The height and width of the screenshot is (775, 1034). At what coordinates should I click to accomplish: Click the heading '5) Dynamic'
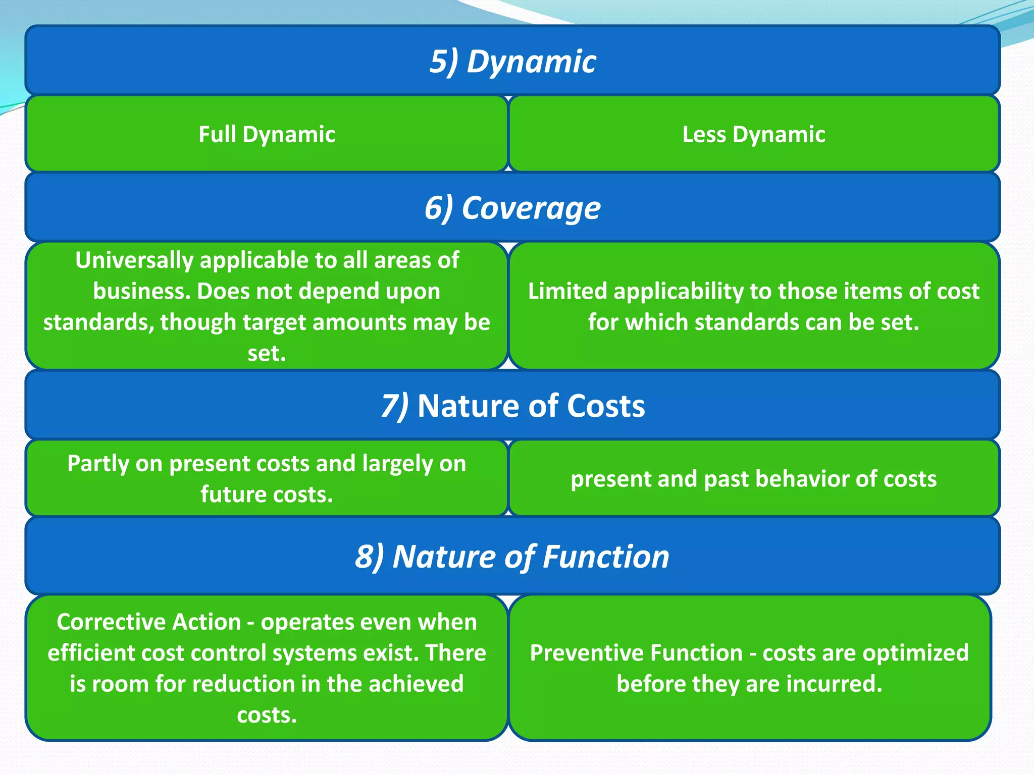[x=512, y=62]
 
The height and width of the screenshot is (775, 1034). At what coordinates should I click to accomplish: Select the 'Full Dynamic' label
[x=267, y=135]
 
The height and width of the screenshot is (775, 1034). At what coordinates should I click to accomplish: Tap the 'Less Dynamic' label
[x=753, y=135]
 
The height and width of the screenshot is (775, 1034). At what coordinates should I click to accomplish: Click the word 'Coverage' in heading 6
[x=531, y=208]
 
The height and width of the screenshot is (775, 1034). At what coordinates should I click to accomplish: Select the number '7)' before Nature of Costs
[x=395, y=406]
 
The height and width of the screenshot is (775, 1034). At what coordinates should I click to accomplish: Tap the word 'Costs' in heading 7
[x=606, y=406]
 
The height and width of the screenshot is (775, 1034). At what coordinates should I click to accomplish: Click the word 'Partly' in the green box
[x=98, y=464]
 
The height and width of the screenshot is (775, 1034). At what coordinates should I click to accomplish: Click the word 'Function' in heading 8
[x=606, y=557]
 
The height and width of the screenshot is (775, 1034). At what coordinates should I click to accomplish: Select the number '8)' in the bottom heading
[x=370, y=557]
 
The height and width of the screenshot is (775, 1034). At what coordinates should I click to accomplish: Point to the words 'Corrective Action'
[x=148, y=622]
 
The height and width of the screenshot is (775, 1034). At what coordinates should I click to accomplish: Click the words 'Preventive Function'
[x=636, y=653]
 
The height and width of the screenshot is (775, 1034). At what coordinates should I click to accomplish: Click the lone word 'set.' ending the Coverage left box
[x=267, y=354]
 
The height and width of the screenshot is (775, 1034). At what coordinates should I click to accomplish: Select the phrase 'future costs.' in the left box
[x=267, y=494]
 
